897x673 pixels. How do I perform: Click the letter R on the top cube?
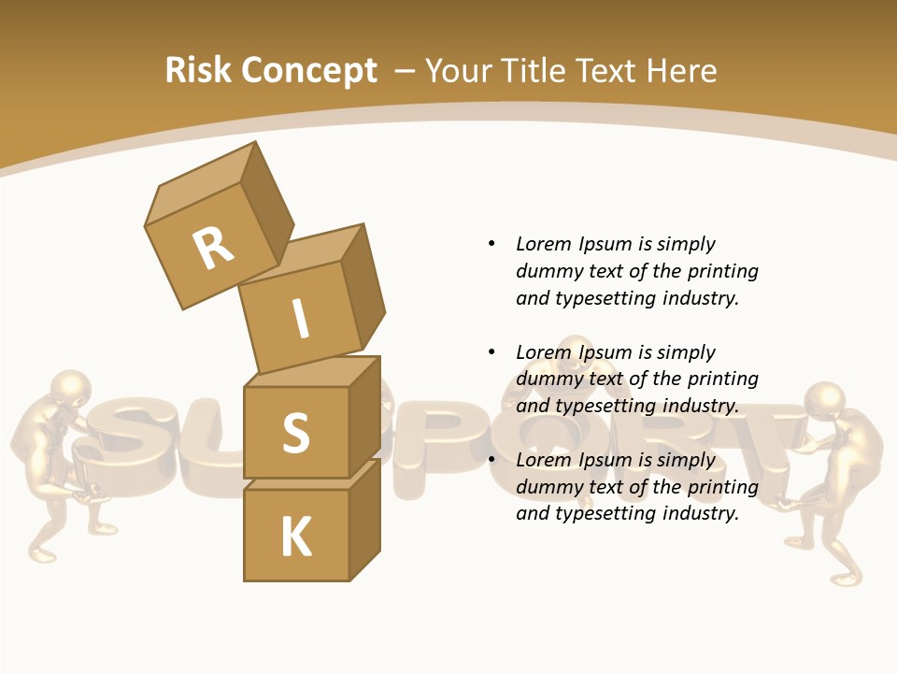213,248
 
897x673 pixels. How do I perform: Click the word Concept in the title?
309,71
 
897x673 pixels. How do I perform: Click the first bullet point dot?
491,244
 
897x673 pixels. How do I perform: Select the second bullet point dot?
491,352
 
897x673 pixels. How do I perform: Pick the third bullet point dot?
491,460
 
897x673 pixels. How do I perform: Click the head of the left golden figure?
70,388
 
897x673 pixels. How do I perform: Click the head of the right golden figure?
824,398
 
